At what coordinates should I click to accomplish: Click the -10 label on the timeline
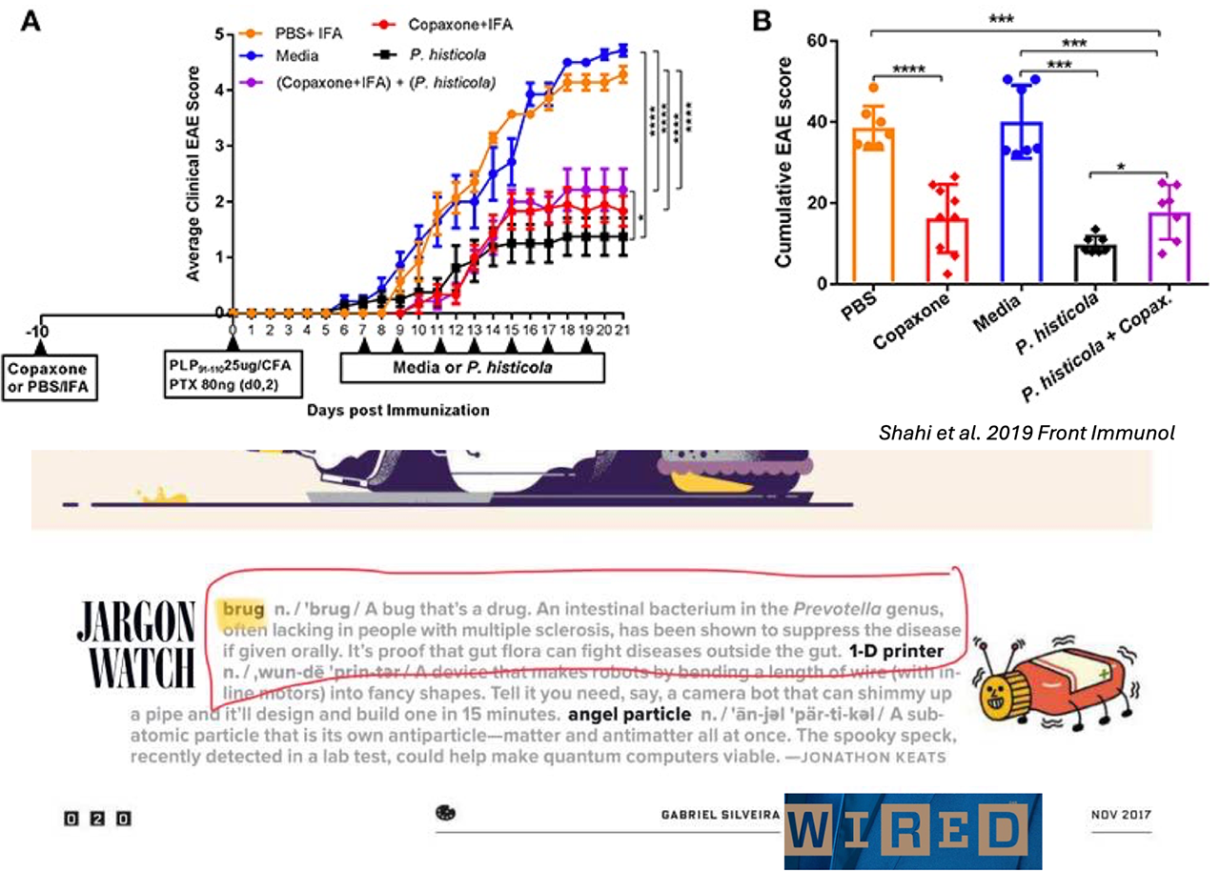[x=41, y=331]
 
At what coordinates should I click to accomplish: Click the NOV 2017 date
[x=1123, y=816]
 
